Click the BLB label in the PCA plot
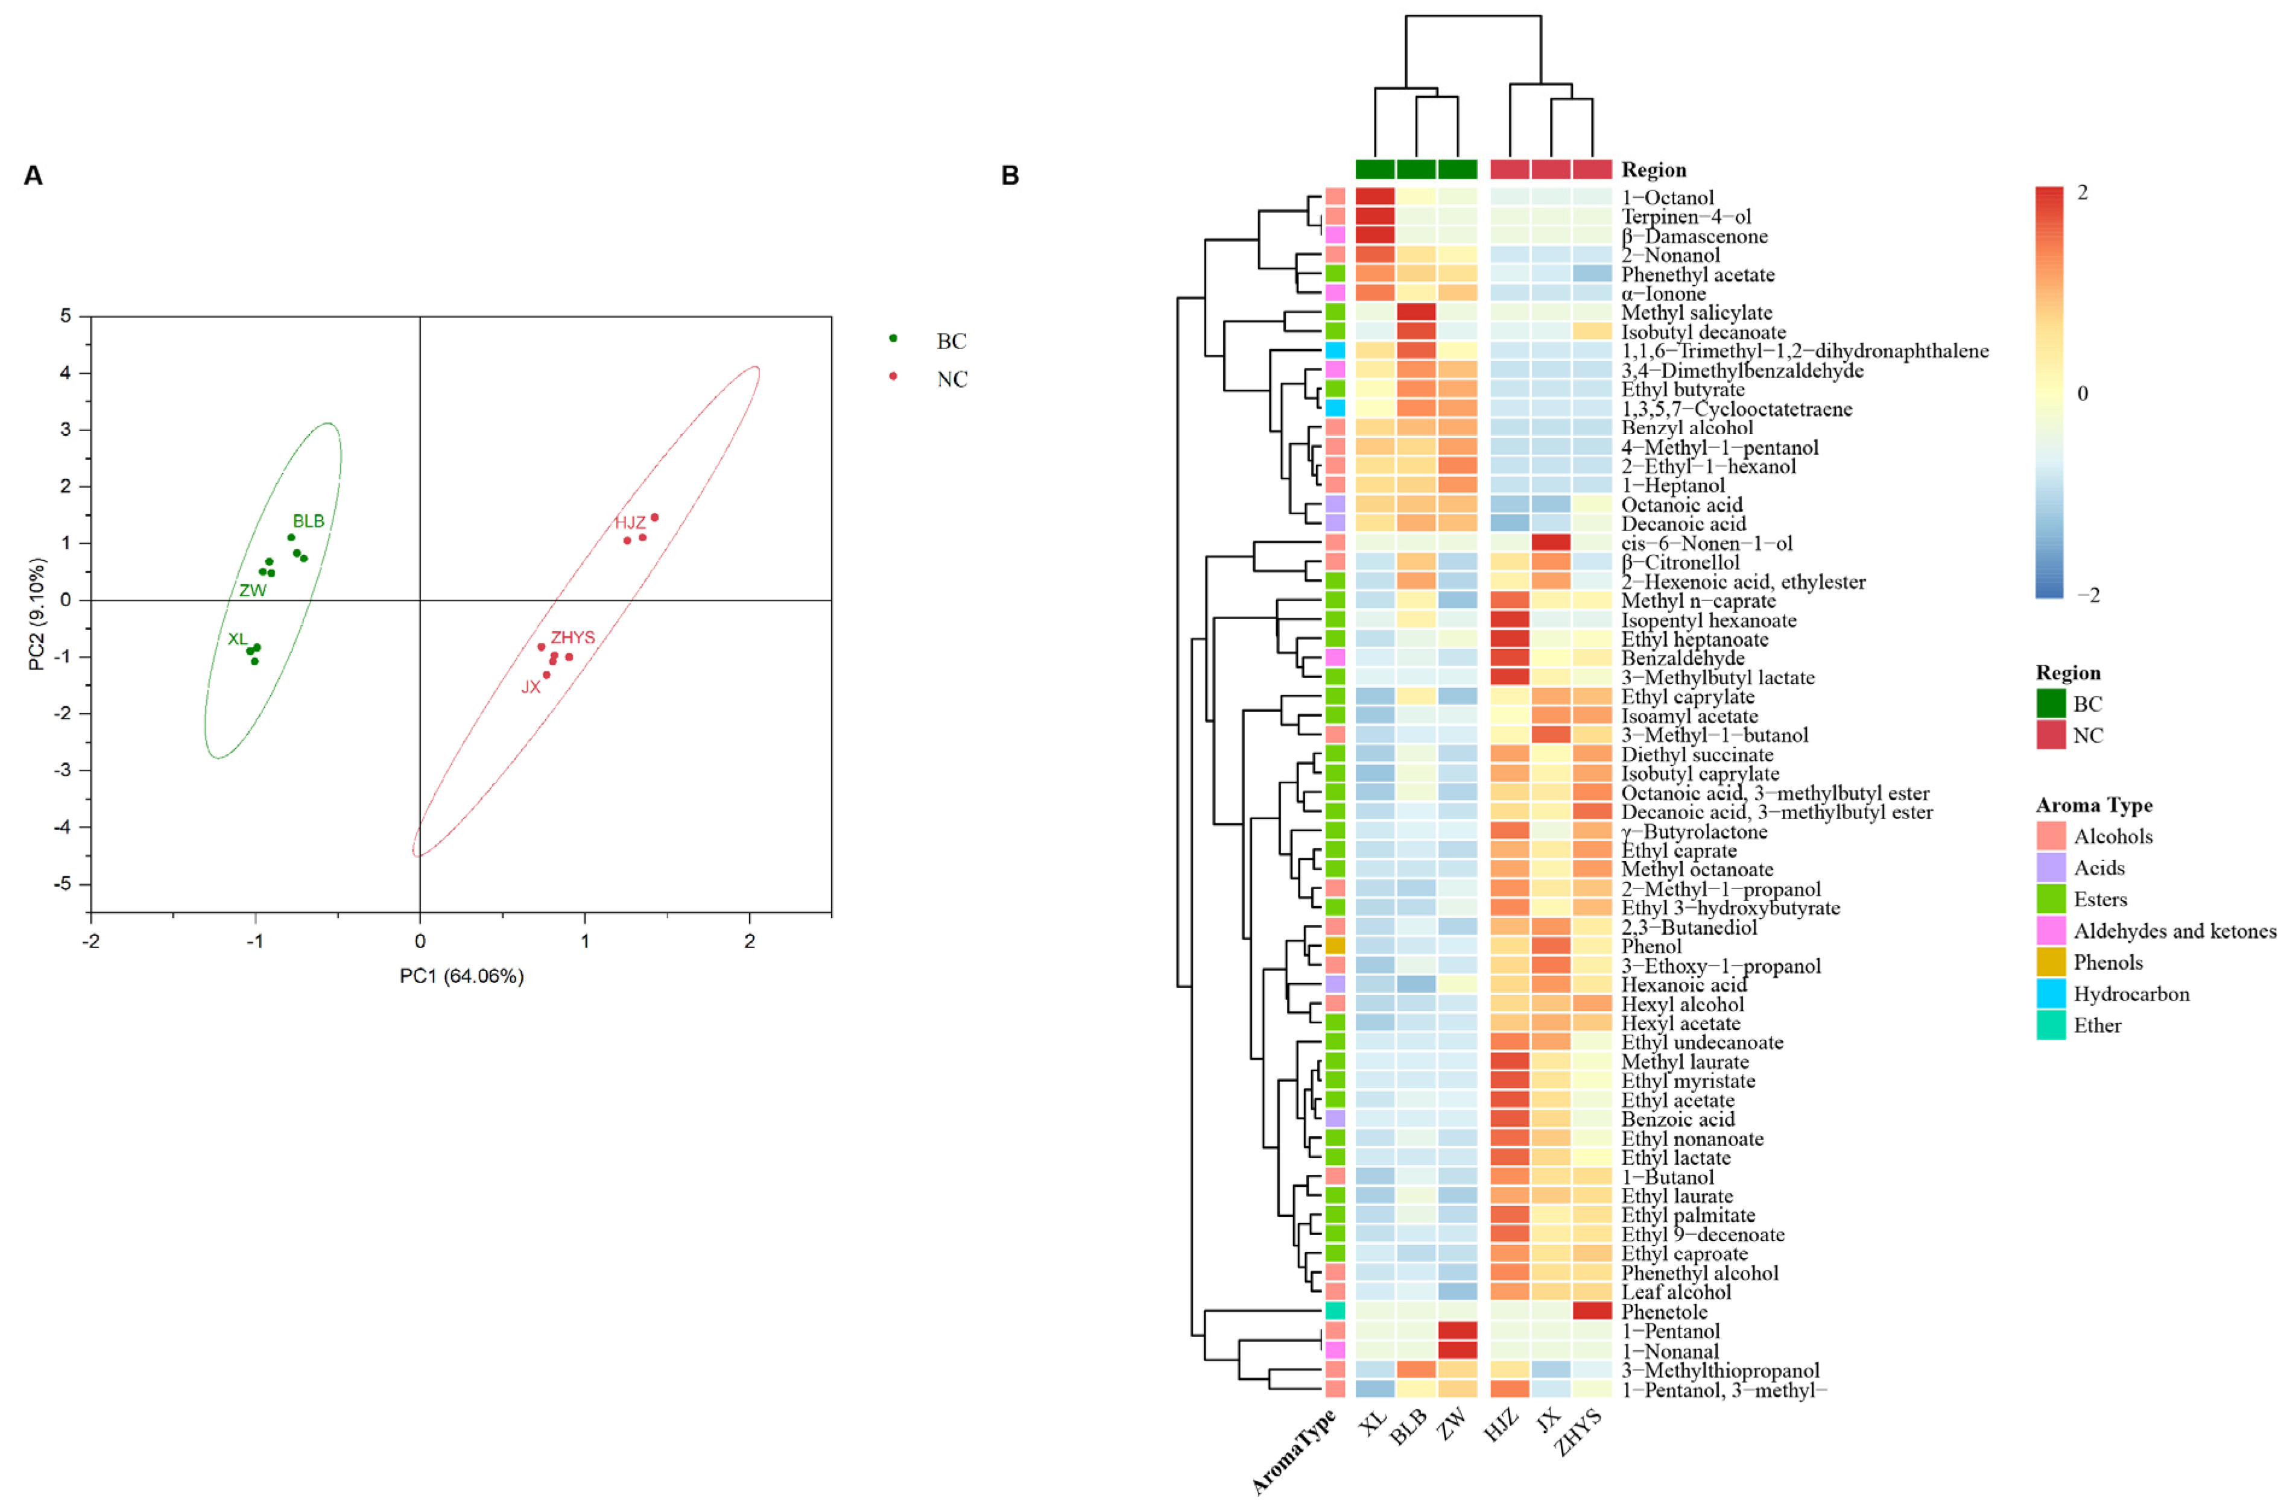[308, 521]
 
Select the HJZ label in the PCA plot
[630, 523]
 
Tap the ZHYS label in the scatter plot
[572, 638]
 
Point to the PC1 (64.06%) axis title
[461, 977]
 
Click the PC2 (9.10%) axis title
[37, 614]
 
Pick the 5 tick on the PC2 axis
[66, 316]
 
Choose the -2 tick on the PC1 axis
[90, 941]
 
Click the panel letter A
[33, 175]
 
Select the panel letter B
[1010, 175]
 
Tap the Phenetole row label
[1664, 1312]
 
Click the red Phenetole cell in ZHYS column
[1592, 1310]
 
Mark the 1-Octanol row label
[1668, 198]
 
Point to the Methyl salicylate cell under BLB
[1416, 312]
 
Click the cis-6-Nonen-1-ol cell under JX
[1551, 542]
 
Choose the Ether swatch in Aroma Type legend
[2050, 1025]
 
